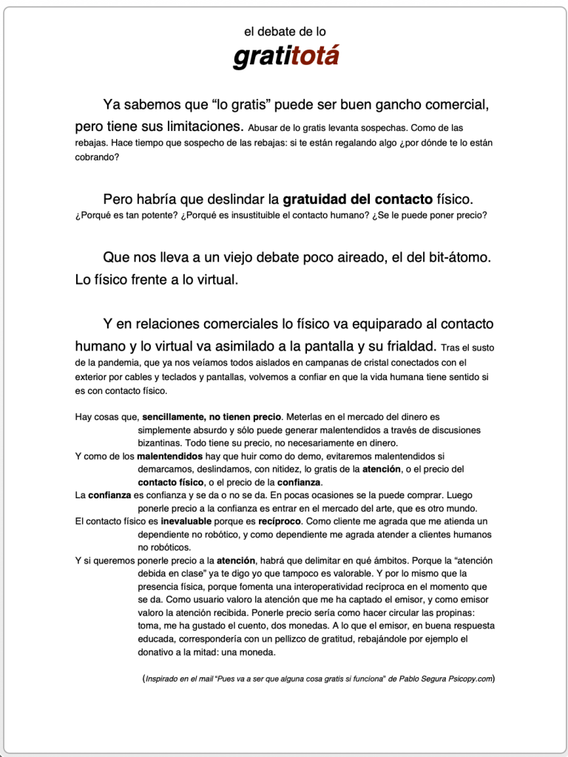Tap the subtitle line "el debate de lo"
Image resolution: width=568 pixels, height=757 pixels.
pyautogui.click(x=285, y=32)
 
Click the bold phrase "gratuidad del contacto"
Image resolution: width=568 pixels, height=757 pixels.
pyautogui.click(x=358, y=199)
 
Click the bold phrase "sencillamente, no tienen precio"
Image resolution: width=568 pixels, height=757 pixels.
pyautogui.click(x=212, y=417)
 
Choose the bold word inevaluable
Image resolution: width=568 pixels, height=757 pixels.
pyautogui.click(x=191, y=520)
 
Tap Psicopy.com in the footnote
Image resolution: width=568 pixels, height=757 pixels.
pyautogui.click(x=470, y=678)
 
